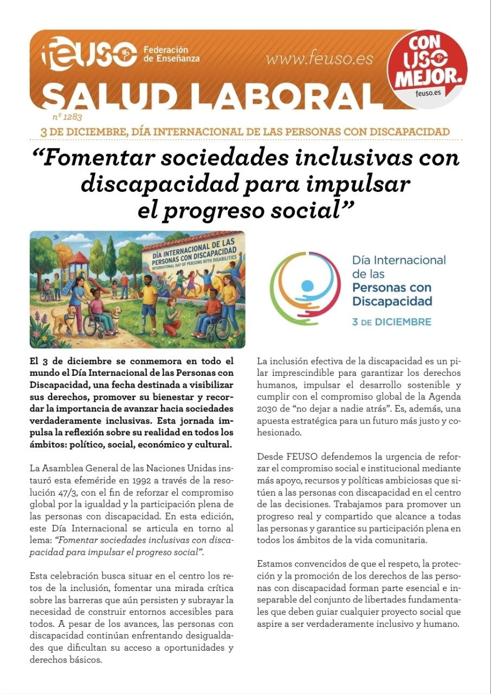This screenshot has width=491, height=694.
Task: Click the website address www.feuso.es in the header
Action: pyautogui.click(x=319, y=59)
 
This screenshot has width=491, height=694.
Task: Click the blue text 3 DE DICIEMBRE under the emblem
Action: pyautogui.click(x=392, y=322)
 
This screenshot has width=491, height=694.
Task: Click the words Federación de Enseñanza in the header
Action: pyautogui.click(x=171, y=54)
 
